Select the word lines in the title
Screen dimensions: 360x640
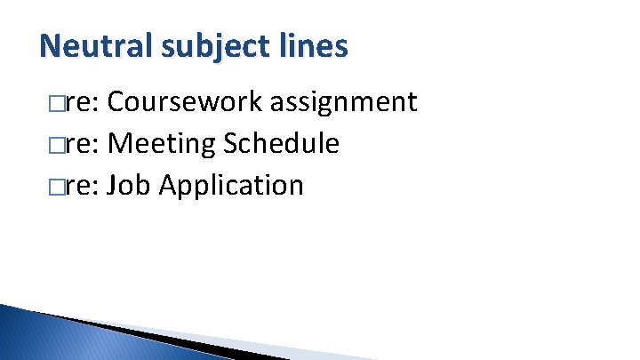point(317,45)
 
